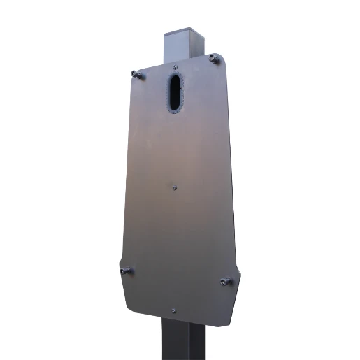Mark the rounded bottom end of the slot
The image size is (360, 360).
tap(173, 109)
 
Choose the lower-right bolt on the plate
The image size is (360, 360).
tap(224, 282)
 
